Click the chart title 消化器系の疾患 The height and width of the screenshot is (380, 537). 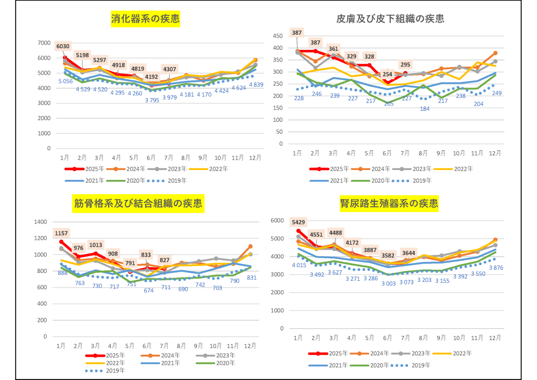point(145,19)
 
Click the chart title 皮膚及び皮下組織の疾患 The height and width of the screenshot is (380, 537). point(390,19)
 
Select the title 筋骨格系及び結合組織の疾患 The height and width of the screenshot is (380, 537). point(138,203)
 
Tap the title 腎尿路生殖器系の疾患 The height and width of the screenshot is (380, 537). point(389,203)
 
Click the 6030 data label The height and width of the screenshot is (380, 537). point(63,46)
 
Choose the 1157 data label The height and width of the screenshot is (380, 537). point(61,233)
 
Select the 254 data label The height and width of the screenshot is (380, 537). point(387,74)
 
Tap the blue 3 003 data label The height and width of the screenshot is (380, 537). point(388,283)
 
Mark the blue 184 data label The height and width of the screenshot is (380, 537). point(424,109)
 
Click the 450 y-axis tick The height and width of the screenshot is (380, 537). point(281,36)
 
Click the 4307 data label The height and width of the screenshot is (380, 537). point(170,69)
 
